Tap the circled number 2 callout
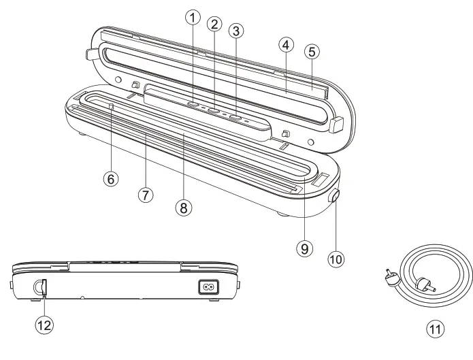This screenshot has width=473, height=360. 215,25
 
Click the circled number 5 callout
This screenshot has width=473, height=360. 313,52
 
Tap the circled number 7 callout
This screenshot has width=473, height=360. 144,195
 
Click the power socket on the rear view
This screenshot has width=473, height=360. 207,287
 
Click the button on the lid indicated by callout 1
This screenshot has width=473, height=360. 193,106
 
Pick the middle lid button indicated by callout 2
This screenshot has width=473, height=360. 214,112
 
